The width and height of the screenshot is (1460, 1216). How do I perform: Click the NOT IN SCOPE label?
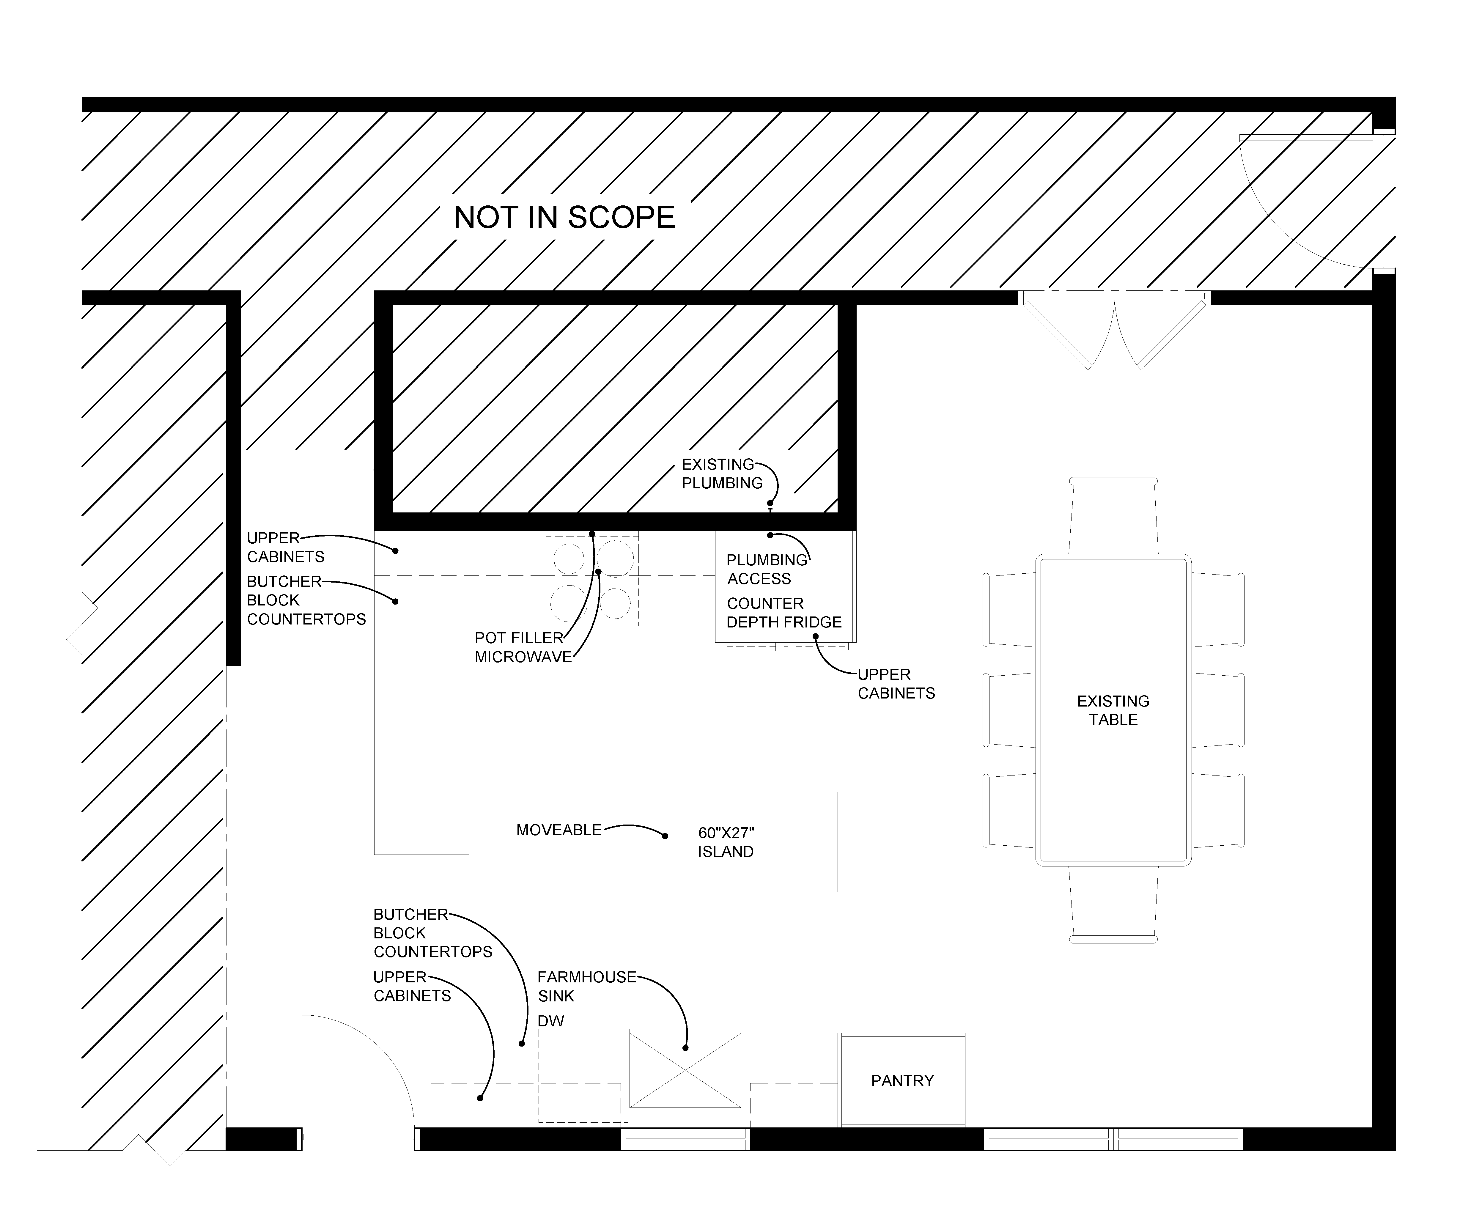point(564,218)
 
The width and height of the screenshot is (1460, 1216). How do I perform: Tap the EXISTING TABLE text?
point(1113,711)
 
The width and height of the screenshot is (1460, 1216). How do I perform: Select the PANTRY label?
point(902,1080)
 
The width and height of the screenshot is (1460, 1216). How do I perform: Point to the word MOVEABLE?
point(559,830)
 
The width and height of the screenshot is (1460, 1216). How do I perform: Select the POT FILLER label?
point(519,638)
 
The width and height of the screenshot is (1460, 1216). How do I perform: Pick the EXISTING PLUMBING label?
point(722,473)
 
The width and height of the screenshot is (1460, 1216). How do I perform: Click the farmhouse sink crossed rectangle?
point(685,1069)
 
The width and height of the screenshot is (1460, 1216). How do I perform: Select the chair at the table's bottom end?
point(1113,904)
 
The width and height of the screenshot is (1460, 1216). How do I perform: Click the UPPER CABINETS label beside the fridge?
point(896,684)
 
